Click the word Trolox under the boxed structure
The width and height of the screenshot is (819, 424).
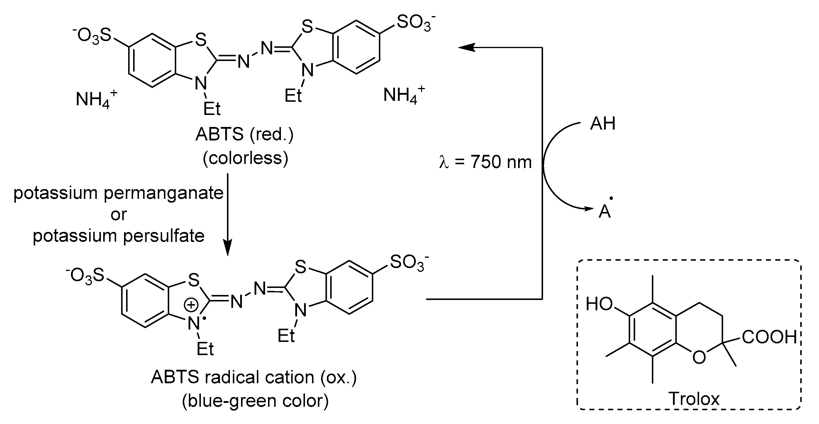pyautogui.click(x=694, y=398)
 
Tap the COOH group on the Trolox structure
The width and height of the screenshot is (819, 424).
pyautogui.click(x=769, y=337)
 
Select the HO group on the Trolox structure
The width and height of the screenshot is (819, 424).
pyautogui.click(x=599, y=304)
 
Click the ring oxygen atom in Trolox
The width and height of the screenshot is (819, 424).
pyautogui.click(x=699, y=357)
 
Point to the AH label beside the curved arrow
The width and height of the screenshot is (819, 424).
pyautogui.click(x=603, y=124)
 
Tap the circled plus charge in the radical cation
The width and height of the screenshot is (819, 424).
pyautogui.click(x=191, y=305)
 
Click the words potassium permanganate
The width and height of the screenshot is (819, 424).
pyautogui.click(x=118, y=193)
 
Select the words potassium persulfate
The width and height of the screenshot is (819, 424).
pyautogui.click(x=118, y=236)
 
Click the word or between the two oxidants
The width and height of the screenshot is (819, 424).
pyautogui.click(x=118, y=215)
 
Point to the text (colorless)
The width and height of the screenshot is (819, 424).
pyautogui.click(x=245, y=158)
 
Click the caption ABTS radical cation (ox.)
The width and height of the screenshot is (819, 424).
pyautogui.click(x=254, y=377)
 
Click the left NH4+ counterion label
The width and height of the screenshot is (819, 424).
pyautogui.click(x=96, y=99)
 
